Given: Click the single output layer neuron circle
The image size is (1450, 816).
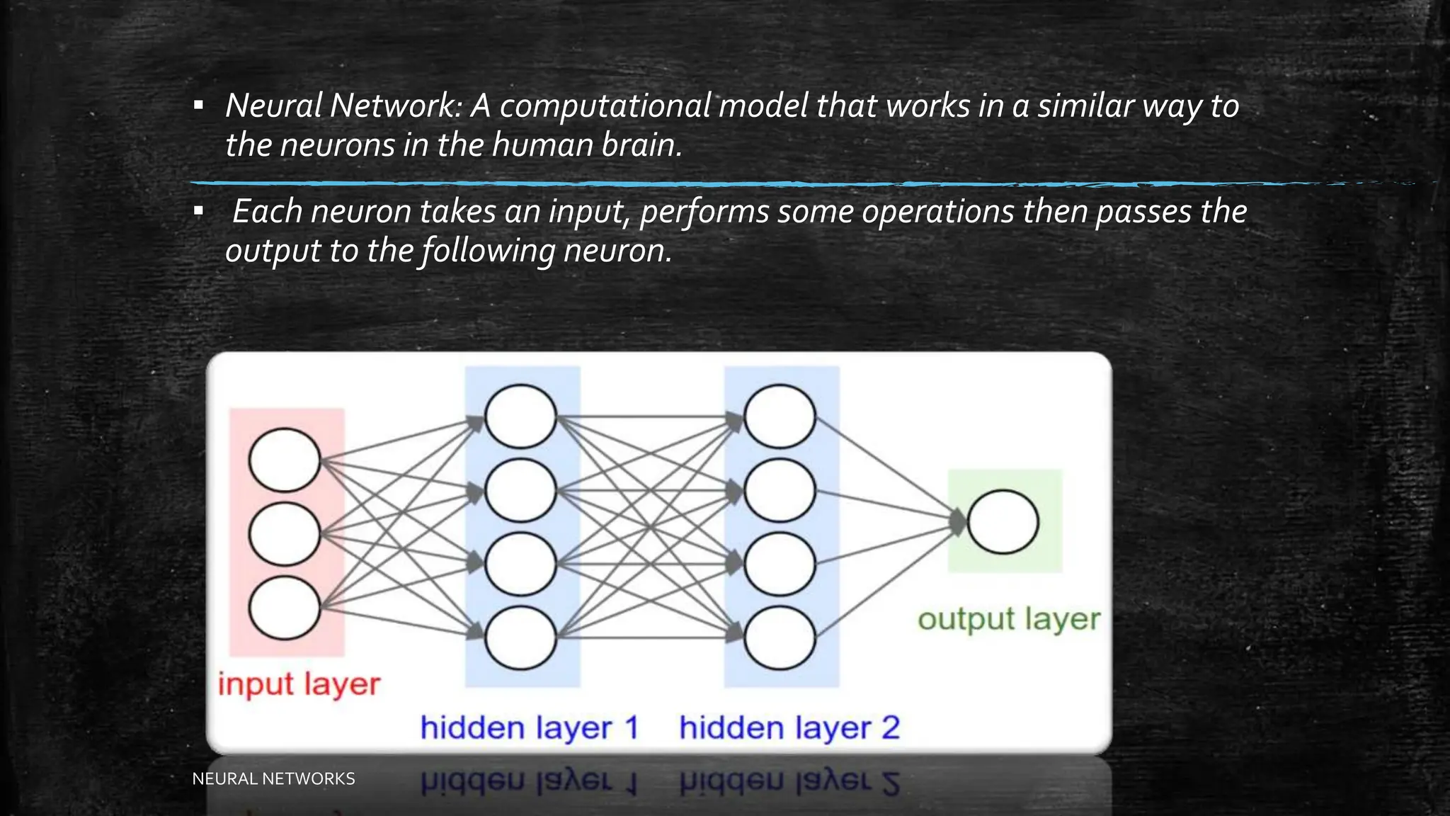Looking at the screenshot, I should click(x=1003, y=522).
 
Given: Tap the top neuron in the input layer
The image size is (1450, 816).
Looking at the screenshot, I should click(x=285, y=460).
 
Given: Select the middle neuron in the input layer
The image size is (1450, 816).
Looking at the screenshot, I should click(x=285, y=534).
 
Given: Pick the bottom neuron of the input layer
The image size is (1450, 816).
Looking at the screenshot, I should click(x=285, y=608).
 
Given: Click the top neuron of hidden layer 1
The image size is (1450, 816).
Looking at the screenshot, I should click(x=520, y=416).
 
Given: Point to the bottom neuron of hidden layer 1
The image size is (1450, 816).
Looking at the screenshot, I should click(x=520, y=637).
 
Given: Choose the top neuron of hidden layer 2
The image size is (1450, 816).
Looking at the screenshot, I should click(x=780, y=416).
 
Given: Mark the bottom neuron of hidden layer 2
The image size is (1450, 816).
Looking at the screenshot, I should click(x=780, y=637).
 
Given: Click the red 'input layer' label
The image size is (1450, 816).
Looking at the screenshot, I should click(x=299, y=685).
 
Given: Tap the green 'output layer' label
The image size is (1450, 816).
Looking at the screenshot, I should click(x=1009, y=619).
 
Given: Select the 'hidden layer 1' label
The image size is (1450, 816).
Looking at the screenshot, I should click(x=530, y=728).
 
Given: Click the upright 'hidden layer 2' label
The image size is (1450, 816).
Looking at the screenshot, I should click(x=789, y=728).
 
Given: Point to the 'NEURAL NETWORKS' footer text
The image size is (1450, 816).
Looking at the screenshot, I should click(x=273, y=778).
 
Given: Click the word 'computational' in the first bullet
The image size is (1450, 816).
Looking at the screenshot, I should click(x=605, y=106).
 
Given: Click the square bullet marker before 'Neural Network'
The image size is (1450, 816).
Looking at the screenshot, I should click(x=199, y=106).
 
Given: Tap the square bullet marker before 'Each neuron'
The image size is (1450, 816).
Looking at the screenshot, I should click(x=199, y=211).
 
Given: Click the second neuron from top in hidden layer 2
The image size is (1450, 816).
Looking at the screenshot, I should click(x=780, y=490).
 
